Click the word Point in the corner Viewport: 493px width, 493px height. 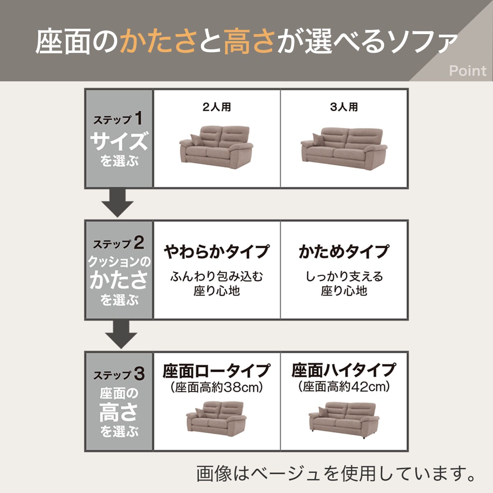coord(467,71)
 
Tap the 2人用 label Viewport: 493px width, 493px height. coord(217,107)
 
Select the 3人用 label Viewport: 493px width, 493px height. coord(344,107)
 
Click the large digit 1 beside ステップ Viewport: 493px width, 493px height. coord(138,118)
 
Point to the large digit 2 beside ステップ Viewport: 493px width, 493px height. coord(138,243)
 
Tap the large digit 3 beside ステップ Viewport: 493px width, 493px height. coord(139,374)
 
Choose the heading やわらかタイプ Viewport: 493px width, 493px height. coord(217,251)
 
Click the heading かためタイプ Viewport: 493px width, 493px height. coord(343,251)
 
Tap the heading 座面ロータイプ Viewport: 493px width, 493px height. coord(217,371)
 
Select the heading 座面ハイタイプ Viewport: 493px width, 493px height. coord(343,370)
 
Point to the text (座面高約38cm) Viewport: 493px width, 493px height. coord(217,387)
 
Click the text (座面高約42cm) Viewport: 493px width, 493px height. coord(343,387)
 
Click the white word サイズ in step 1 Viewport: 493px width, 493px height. coord(118,141)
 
